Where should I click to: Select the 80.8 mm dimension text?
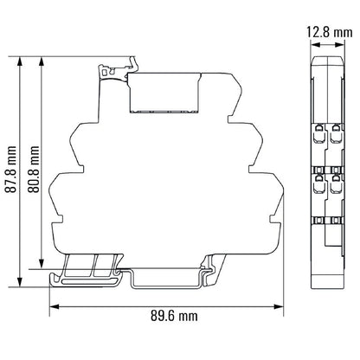35,163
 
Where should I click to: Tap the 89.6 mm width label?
164,317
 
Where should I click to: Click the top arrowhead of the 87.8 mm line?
19,60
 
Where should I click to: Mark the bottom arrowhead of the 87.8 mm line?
19,282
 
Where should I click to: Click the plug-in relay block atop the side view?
164,92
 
